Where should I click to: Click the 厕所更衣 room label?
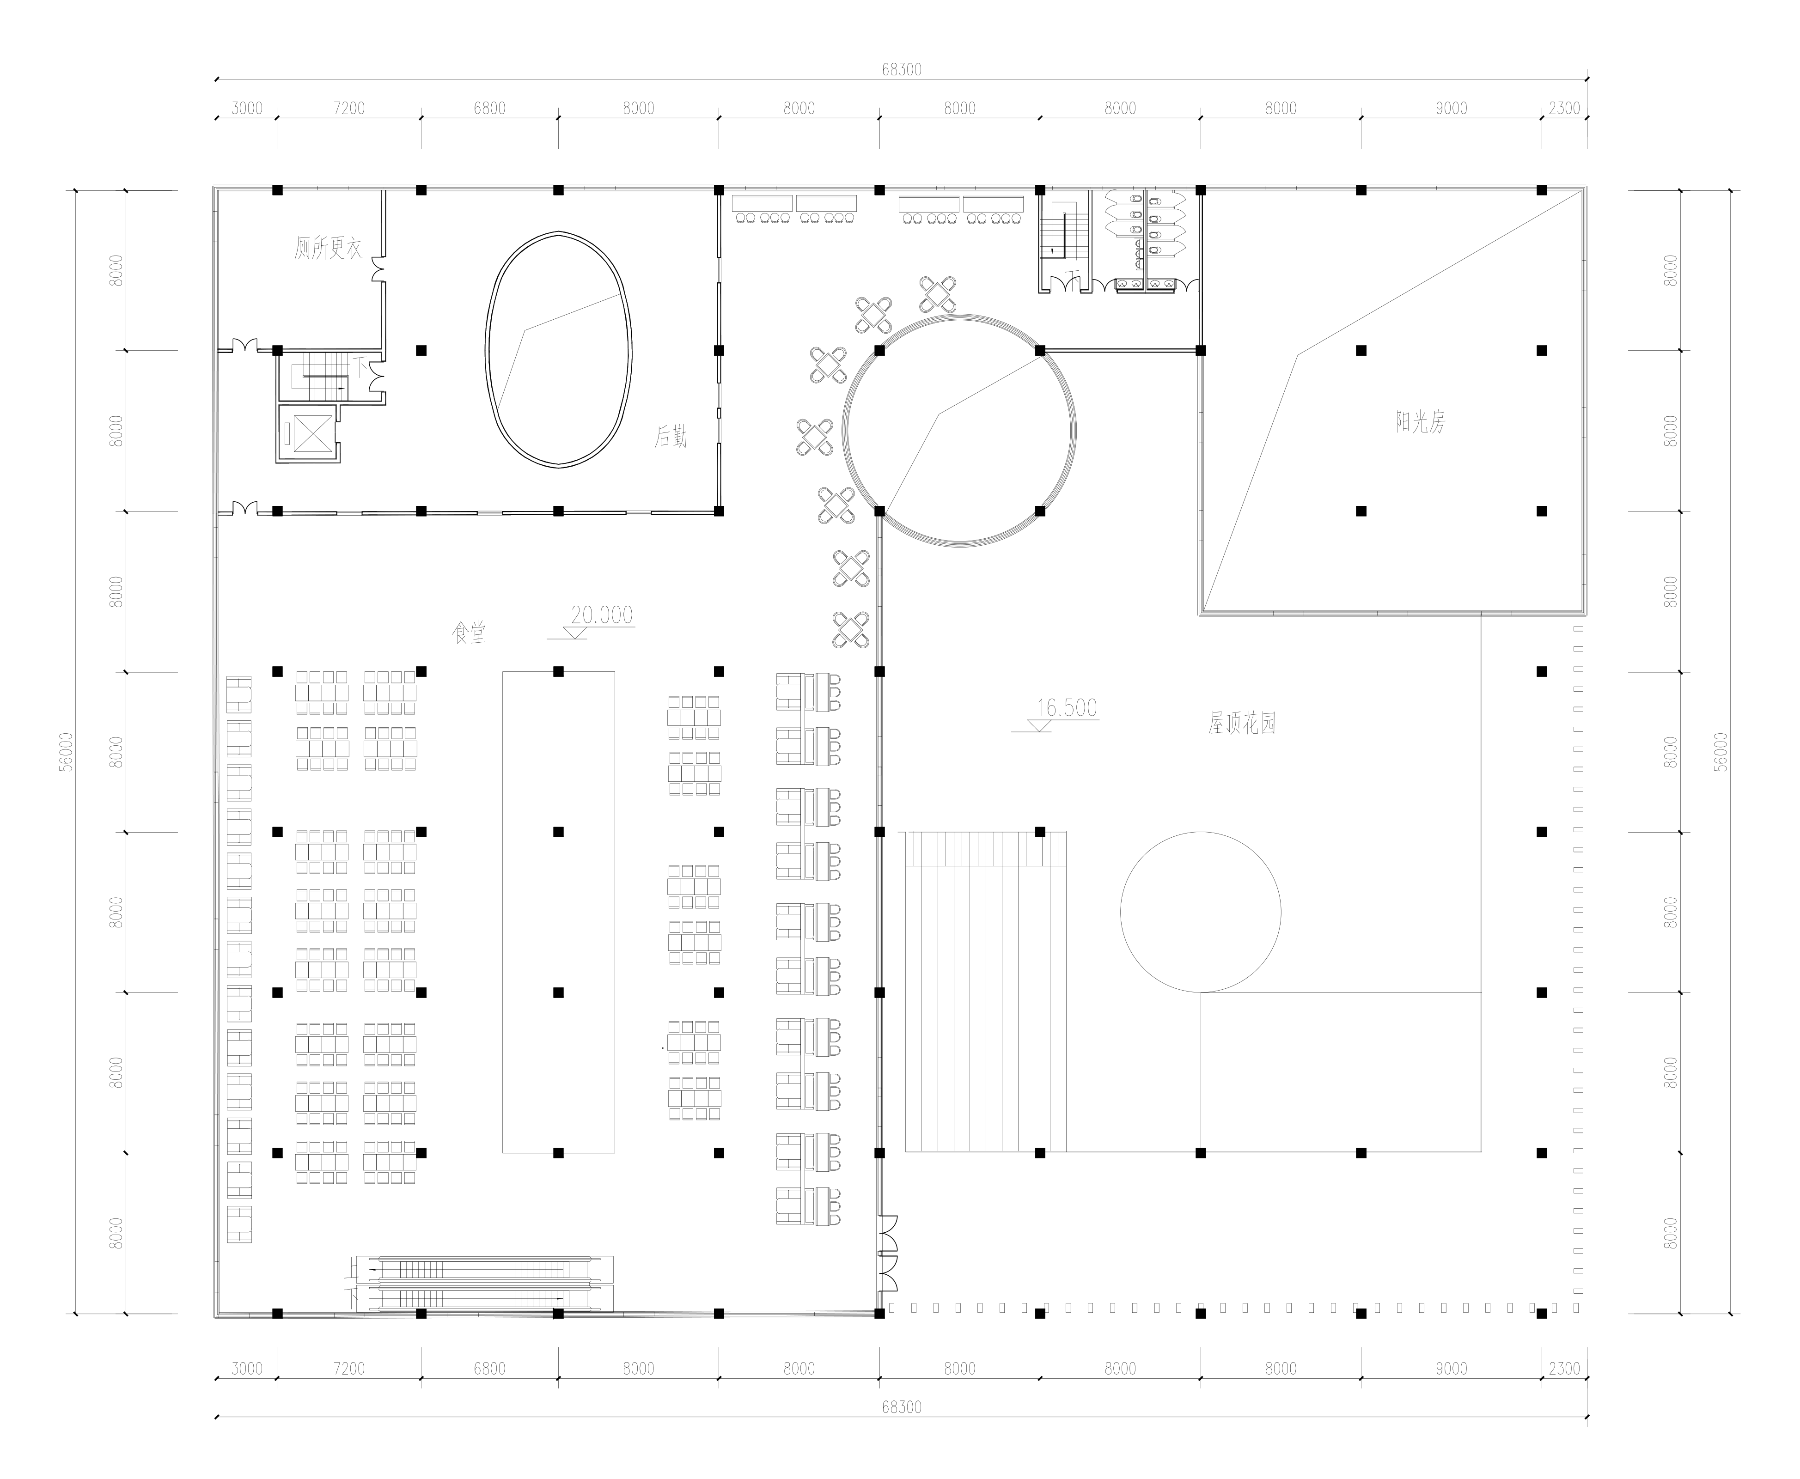(x=328, y=248)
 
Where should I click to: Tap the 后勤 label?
(x=671, y=437)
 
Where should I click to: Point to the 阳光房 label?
(x=1420, y=422)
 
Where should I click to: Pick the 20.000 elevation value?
(x=602, y=614)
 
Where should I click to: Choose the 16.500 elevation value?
(x=1067, y=708)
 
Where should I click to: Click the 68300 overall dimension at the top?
(x=902, y=70)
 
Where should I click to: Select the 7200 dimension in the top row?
(x=348, y=108)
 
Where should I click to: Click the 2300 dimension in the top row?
(x=1564, y=108)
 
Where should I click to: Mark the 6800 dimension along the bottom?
(x=489, y=1368)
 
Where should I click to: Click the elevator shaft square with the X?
(x=309, y=433)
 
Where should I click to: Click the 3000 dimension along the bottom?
(x=247, y=1368)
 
